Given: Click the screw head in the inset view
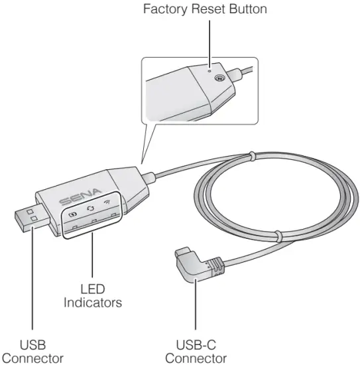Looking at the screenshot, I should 219,78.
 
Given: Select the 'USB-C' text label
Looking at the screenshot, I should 196,345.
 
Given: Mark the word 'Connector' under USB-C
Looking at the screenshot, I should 196,358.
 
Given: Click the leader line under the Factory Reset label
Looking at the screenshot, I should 209,40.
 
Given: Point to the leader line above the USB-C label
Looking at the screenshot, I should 196,312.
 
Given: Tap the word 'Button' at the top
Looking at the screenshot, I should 245,9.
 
